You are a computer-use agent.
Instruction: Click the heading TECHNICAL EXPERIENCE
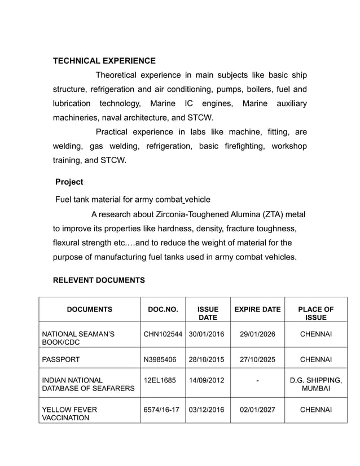pos(104,60)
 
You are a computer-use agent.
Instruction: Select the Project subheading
pos(69,182)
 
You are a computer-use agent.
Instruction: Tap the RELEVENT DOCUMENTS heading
pos(99,280)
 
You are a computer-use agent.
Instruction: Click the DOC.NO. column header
pos(163,309)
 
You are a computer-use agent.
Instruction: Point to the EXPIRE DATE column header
pos(257,309)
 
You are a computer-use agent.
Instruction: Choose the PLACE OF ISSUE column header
pos(315,313)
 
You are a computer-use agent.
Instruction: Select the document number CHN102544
pos(163,335)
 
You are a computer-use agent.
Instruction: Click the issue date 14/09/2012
pos(206,380)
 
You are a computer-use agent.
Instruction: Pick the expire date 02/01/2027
pos(257,410)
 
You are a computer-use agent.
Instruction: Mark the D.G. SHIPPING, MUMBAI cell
pos(315,385)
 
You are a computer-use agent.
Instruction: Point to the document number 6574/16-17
pos(162,410)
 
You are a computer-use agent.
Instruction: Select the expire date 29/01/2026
pos(257,335)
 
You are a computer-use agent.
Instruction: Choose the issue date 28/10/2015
pos(206,359)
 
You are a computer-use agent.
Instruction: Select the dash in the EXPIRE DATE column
pos(257,381)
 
